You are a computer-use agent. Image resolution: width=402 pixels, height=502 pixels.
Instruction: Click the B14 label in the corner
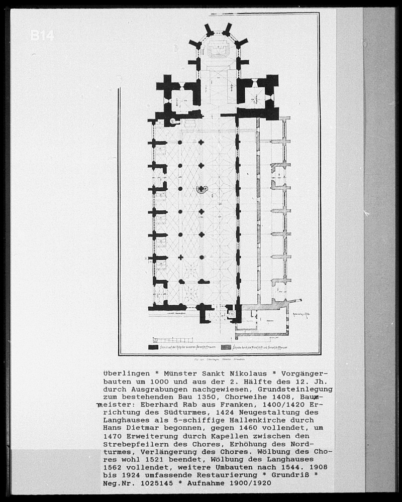pyautogui.click(x=42, y=35)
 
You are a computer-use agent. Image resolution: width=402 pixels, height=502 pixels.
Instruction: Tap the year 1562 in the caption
pyautogui.click(x=113, y=466)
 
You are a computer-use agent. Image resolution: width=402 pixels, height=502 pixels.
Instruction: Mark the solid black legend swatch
pyautogui.click(x=153, y=347)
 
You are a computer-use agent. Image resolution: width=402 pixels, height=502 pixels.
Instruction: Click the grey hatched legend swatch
pyautogui.click(x=226, y=347)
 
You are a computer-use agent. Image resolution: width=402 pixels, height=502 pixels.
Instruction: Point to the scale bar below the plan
pyautogui.click(x=166, y=340)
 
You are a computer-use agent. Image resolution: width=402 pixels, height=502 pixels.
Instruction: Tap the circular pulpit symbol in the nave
pyautogui.click(x=201, y=189)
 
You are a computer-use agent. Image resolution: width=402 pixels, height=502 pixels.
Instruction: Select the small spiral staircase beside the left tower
pyautogui.click(x=173, y=120)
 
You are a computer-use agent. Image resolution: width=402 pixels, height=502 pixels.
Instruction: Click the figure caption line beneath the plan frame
pyautogui.click(x=217, y=360)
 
